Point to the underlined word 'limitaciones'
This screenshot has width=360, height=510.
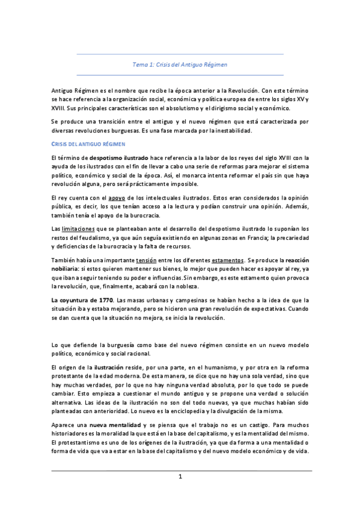coord(78,229)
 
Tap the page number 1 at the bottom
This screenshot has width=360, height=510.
coord(180,477)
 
